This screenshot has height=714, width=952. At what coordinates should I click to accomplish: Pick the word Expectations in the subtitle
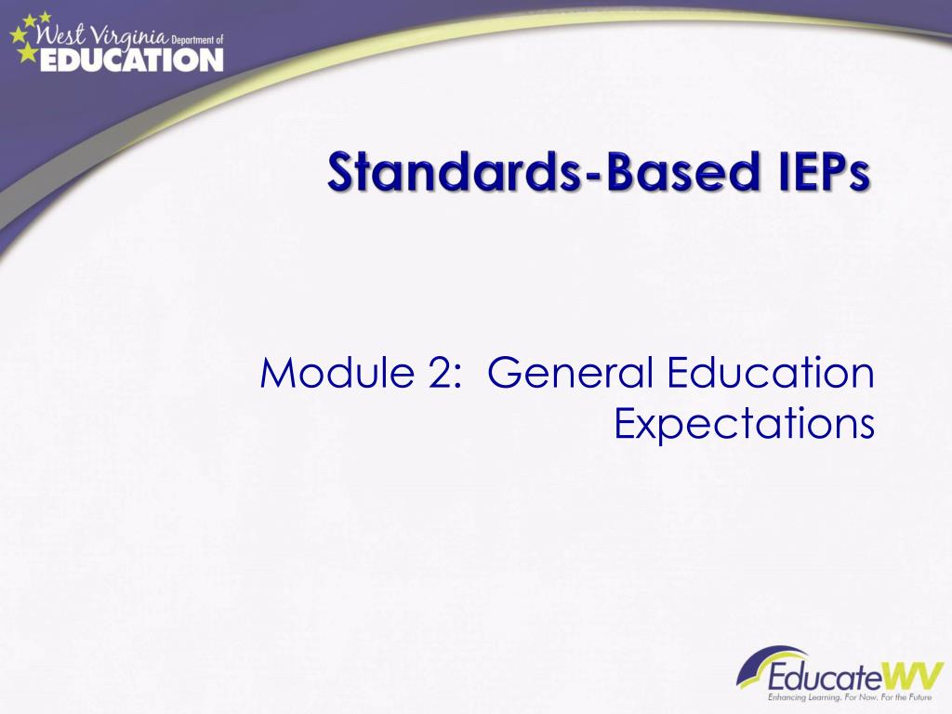point(745,425)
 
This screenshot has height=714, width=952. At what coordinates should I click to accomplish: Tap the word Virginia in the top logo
point(130,39)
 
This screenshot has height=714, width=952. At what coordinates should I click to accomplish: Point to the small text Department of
point(198,39)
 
